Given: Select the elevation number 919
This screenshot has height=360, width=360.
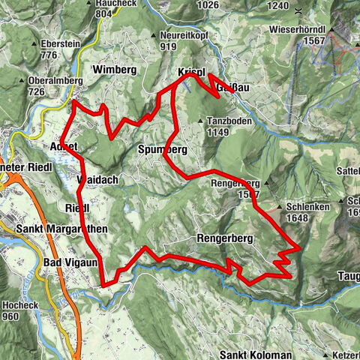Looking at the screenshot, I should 167,46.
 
